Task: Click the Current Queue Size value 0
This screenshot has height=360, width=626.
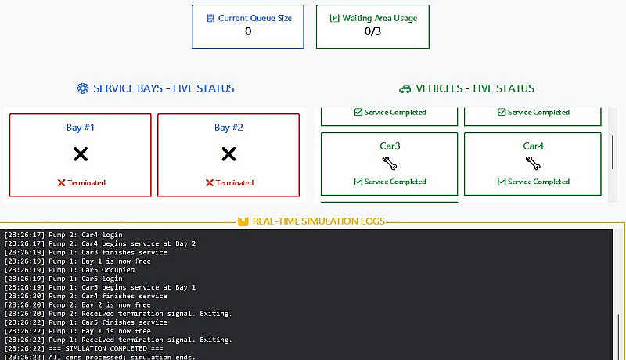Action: pyautogui.click(x=248, y=32)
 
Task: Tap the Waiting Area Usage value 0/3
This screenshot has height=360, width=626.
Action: pyautogui.click(x=372, y=32)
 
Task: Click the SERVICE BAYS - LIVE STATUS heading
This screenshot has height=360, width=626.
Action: pyautogui.click(x=164, y=88)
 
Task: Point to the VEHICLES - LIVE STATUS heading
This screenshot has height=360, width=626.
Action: pyautogui.click(x=475, y=88)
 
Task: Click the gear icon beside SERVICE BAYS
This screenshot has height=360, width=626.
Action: pyautogui.click(x=83, y=88)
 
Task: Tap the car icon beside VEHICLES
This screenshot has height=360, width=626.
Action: pyautogui.click(x=405, y=88)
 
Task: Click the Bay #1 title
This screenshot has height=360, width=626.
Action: pyautogui.click(x=81, y=128)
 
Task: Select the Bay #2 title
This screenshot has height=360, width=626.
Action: pyautogui.click(x=228, y=128)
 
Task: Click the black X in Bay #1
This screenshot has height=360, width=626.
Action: pyautogui.click(x=81, y=154)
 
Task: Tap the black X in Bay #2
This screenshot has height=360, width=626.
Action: pyautogui.click(x=228, y=154)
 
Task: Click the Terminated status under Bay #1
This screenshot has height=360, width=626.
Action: pyautogui.click(x=81, y=182)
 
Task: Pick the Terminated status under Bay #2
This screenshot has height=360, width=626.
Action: pyautogui.click(x=229, y=182)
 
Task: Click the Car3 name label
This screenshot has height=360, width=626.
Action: pyautogui.click(x=389, y=146)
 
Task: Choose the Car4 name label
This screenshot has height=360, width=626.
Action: pyautogui.click(x=533, y=146)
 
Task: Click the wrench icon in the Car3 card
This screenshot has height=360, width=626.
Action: pyautogui.click(x=389, y=164)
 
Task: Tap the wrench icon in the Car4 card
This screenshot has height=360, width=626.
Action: pyautogui.click(x=533, y=164)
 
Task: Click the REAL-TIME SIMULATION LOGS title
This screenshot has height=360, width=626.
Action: pyautogui.click(x=318, y=221)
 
